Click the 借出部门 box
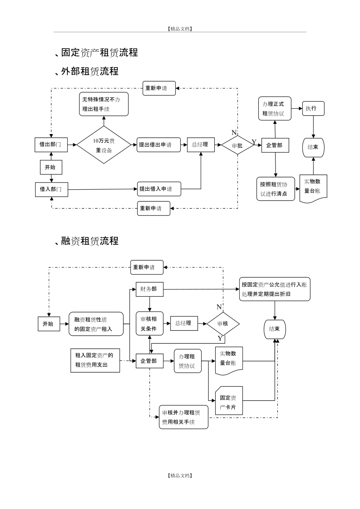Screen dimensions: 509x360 coord(51,144)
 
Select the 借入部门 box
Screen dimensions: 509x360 coord(51,189)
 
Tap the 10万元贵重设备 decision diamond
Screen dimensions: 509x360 coord(104,145)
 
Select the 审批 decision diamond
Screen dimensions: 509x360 coord(237,145)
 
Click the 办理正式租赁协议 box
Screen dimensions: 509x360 coord(275,108)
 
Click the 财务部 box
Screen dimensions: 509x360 coord(149,289)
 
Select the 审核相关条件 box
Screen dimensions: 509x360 coord(149,324)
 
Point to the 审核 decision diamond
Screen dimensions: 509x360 coord(223,324)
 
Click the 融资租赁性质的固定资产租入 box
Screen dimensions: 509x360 coord(96,324)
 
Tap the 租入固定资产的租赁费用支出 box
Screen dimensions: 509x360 coord(95,360)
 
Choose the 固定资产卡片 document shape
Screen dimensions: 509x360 coord(229,401)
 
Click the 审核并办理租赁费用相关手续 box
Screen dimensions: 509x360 coord(184,417)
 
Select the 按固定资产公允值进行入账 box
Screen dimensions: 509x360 coord(275,289)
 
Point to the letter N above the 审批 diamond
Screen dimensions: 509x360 coord(234,133)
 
